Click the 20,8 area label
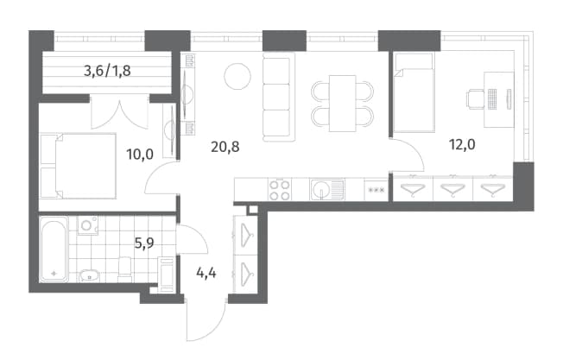coord(225,147)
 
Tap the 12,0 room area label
coord(462,145)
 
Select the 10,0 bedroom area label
coord(140,155)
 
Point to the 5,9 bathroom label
coord(144,243)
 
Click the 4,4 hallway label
coord(206,273)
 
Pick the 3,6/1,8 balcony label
coord(107,71)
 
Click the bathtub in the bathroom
coord(54,249)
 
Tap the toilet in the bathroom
coord(124,269)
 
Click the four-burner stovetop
coord(280,190)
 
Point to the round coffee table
coord(237,77)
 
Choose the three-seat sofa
coord(278,97)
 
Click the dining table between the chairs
coord(343,104)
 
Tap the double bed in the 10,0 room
coord(78,166)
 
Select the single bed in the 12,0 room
coord(414,92)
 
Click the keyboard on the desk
coord(492,98)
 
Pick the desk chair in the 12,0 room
coord(475,98)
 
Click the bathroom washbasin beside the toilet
coord(89,275)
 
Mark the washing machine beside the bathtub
coord(87,225)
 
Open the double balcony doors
coord(119,113)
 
